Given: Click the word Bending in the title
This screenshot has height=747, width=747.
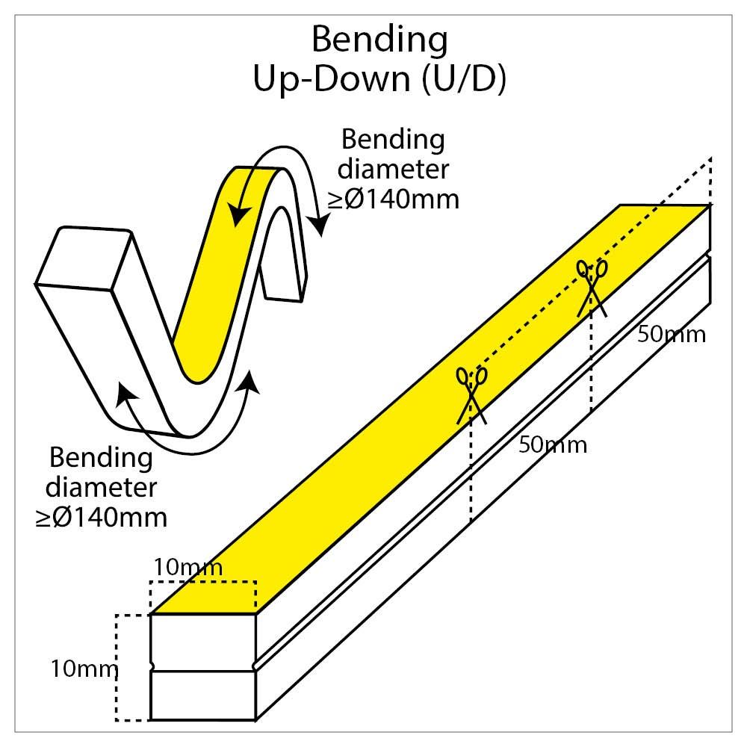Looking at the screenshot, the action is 379,41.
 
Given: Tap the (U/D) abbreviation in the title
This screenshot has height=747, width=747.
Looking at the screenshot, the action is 464,78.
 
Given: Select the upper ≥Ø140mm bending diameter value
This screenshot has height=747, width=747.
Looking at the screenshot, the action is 394,199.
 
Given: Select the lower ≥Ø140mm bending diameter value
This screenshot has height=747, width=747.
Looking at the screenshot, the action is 102,518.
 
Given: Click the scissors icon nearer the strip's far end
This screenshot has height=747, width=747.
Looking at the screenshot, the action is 592,288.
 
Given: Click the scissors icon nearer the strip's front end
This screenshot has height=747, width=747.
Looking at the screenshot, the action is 471,395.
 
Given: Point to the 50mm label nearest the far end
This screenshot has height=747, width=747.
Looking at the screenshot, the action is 672,335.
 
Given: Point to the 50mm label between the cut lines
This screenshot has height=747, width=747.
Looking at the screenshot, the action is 553,445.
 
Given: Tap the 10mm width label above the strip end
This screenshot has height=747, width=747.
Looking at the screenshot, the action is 188,567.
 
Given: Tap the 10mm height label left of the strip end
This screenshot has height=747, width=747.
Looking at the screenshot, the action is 84,669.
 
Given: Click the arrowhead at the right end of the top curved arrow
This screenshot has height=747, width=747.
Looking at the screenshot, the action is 320,225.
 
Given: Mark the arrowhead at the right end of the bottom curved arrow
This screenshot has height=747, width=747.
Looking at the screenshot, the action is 250,381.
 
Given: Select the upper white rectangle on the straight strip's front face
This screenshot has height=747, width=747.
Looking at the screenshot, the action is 203,642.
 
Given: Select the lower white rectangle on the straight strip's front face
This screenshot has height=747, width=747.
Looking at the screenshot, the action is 203,695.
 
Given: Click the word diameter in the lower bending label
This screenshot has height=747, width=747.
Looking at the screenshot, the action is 102,487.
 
